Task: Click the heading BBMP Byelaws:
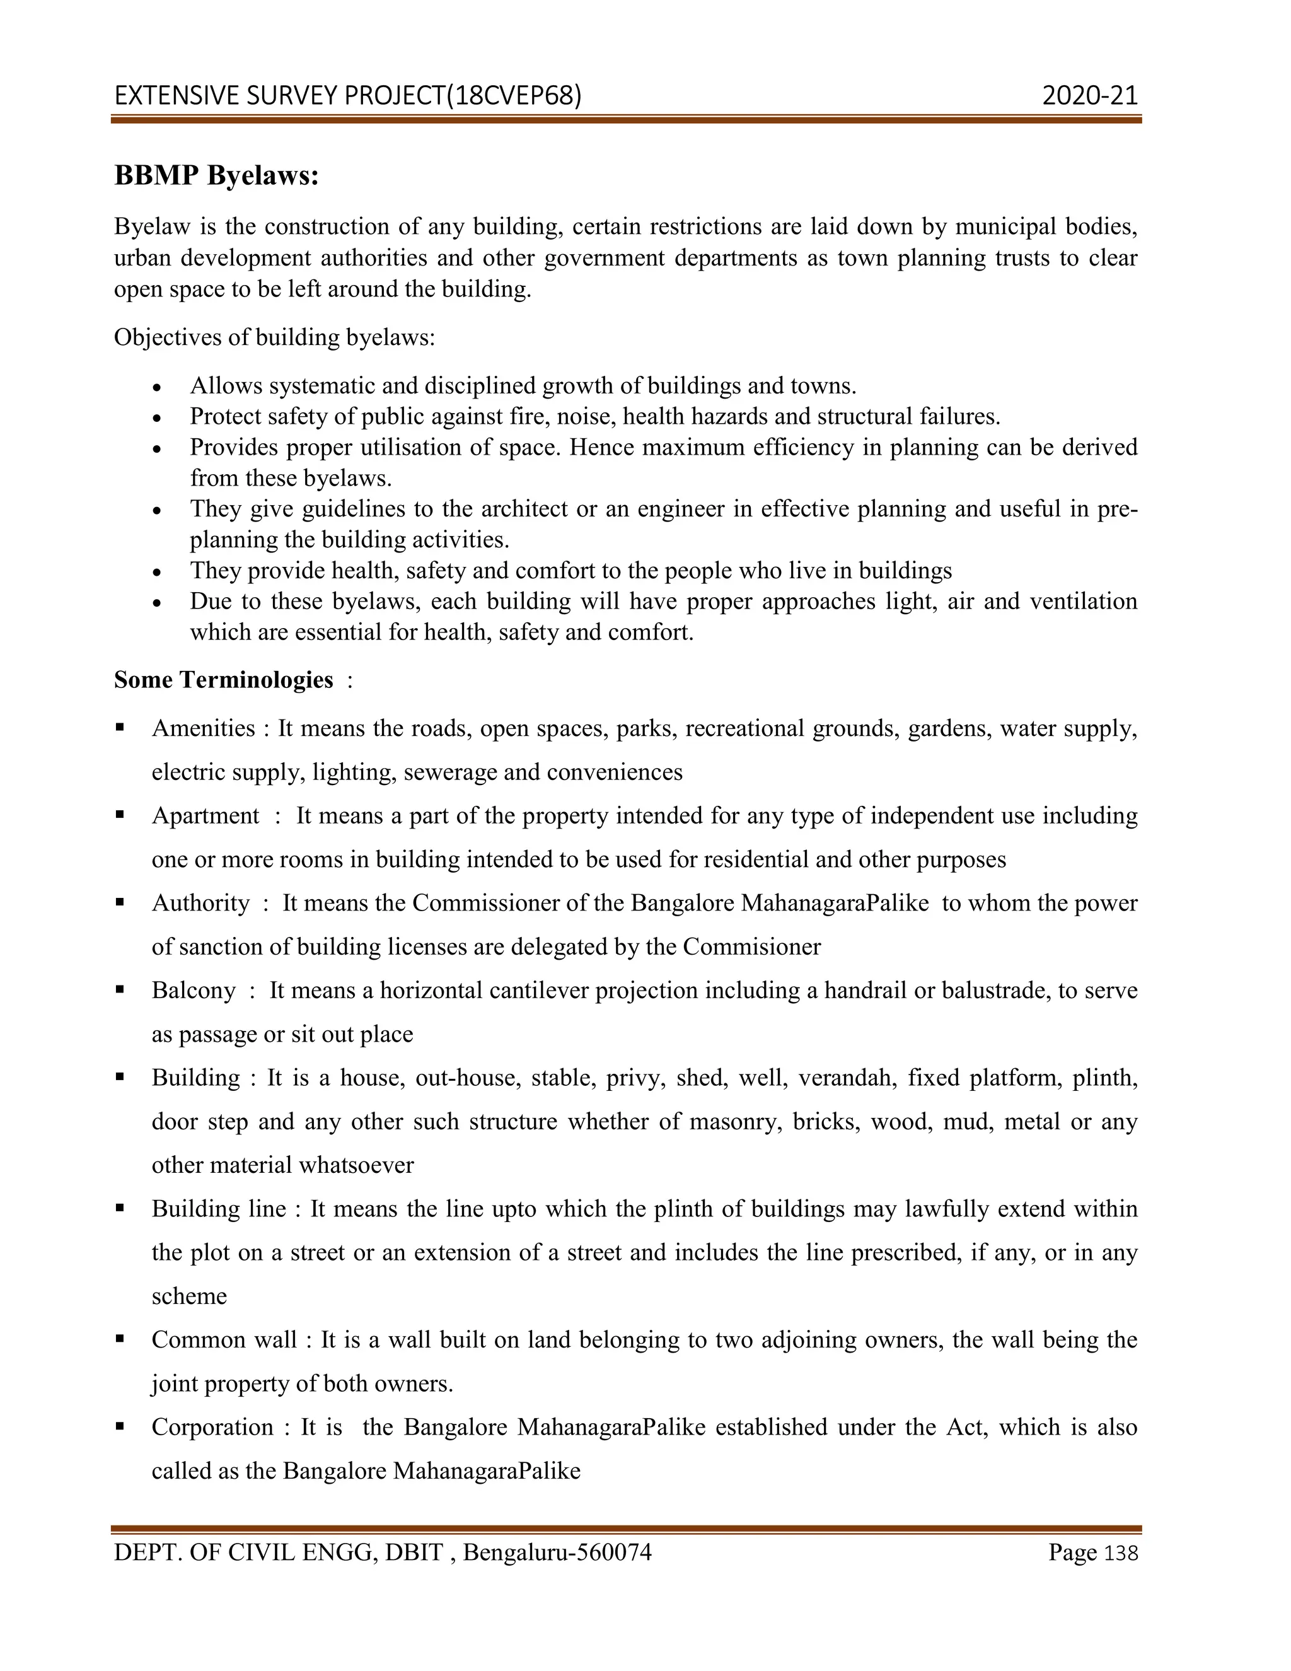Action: pyautogui.click(x=216, y=176)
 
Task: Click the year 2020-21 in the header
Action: pyautogui.click(x=1090, y=96)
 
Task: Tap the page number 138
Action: pyautogui.click(x=1121, y=1554)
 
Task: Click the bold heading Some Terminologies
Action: pyautogui.click(x=223, y=679)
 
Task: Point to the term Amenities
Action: pyautogui.click(x=204, y=728)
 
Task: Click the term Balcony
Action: pyautogui.click(x=194, y=990)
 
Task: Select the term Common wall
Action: pyautogui.click(x=224, y=1340)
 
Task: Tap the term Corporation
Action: pyautogui.click(x=212, y=1427)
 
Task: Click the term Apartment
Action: pyautogui.click(x=206, y=815)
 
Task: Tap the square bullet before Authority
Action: pyautogui.click(x=120, y=902)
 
